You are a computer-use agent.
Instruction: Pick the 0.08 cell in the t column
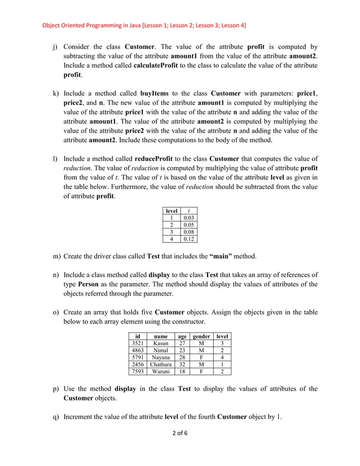coord(188,231)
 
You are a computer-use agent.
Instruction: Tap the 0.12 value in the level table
coord(188,239)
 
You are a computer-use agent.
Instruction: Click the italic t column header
coord(188,210)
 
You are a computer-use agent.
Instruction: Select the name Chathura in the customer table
coord(161,364)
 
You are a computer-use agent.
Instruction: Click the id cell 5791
coord(137,357)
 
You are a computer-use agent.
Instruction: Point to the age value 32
coord(182,364)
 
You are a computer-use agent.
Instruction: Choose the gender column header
coord(201,336)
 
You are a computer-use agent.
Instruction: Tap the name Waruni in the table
coord(161,372)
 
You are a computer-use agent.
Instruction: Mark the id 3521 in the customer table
coord(137,343)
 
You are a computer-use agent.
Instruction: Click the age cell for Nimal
coord(182,350)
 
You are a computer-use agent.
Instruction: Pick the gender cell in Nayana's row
coord(201,357)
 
